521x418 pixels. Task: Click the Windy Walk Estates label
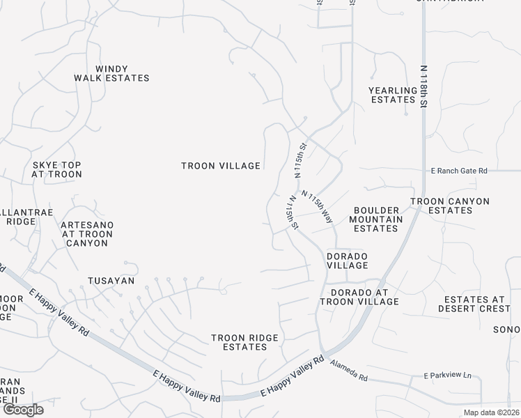(112, 73)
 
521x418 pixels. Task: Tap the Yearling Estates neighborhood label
(392, 95)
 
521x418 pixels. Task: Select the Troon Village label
(221, 166)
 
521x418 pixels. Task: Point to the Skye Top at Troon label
(56, 169)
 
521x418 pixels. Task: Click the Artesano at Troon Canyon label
(87, 234)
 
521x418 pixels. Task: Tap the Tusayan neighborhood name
(110, 281)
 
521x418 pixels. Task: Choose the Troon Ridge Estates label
(244, 343)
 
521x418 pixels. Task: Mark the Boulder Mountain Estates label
(378, 219)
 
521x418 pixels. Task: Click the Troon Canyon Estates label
(449, 206)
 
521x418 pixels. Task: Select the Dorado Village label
(347, 261)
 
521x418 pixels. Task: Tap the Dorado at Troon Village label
(359, 297)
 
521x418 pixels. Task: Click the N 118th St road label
(423, 86)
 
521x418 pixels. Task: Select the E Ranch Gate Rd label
(458, 170)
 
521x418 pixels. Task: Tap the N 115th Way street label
(317, 207)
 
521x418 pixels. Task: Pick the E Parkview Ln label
(447, 376)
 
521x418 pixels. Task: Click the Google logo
(22, 410)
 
